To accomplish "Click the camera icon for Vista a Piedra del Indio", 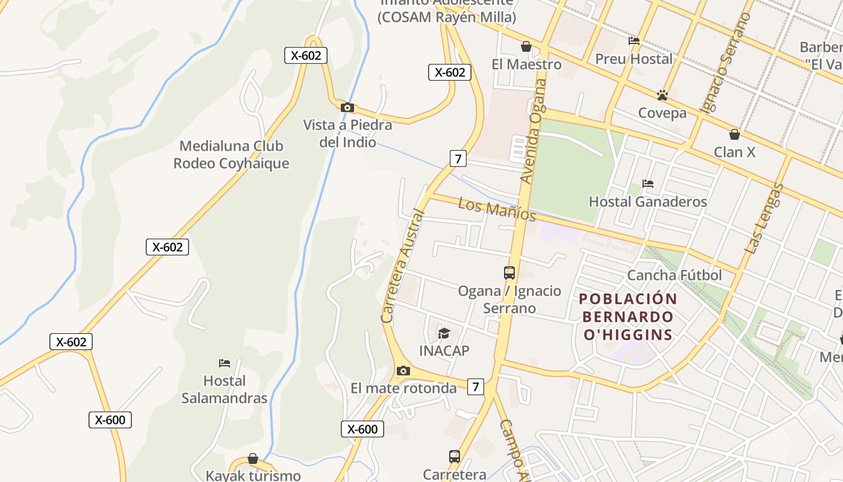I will click(347, 107).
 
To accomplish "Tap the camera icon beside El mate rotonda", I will click(403, 371).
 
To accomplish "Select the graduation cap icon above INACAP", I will click(444, 333).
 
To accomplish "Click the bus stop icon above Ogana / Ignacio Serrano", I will click(509, 273).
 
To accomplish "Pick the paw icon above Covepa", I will click(662, 95).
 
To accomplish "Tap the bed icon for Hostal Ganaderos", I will click(648, 183).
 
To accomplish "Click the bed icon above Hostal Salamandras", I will click(225, 363).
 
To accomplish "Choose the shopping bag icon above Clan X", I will click(734, 134).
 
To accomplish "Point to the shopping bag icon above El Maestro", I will click(526, 46).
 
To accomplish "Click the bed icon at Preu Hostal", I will click(633, 41).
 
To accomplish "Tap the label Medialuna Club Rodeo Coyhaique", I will click(231, 154).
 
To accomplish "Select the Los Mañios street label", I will click(497, 208).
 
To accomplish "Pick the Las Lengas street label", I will click(764, 218).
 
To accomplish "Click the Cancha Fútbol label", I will click(674, 275).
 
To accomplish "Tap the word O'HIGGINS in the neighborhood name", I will click(627, 334).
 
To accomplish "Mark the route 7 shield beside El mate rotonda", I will click(476, 387).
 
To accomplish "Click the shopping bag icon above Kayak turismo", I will click(253, 459).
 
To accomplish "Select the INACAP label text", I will click(444, 351).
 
